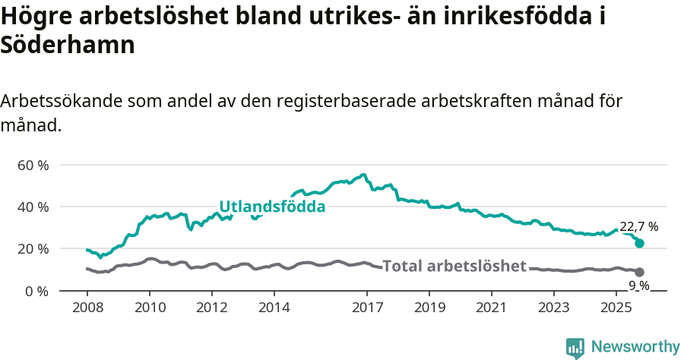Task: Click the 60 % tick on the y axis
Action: tap(33, 165)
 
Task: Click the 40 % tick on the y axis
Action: tap(33, 207)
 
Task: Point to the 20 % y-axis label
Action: tap(33, 248)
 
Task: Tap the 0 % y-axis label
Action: tap(36, 291)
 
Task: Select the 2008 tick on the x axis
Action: tap(87, 308)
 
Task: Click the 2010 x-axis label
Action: tap(149, 308)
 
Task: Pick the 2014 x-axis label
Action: tap(274, 308)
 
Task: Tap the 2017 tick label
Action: tap(367, 308)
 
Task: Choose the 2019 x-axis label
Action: tap(429, 308)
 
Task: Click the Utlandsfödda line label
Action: tap(272, 207)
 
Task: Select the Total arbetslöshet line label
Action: tap(454, 266)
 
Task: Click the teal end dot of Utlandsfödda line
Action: tap(640, 243)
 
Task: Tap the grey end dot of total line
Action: tap(640, 272)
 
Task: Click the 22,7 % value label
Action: tap(639, 226)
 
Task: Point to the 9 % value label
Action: tap(638, 286)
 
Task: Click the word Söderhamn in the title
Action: tap(68, 44)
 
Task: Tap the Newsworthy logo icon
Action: tap(575, 347)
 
